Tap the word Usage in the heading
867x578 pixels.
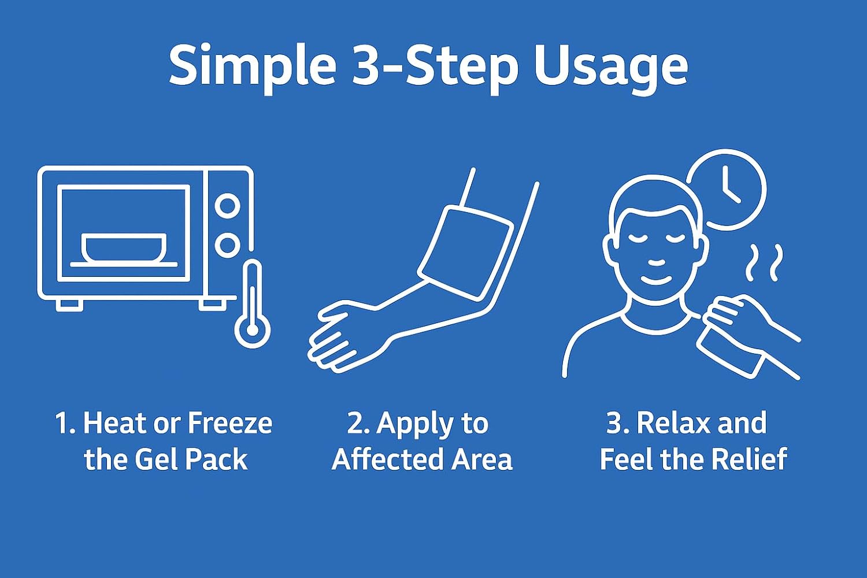tap(611, 68)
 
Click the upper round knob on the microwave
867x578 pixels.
tap(227, 206)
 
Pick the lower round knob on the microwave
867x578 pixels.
tap(227, 244)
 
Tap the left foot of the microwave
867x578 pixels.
tap(70, 305)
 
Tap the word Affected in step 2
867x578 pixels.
tap(385, 460)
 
